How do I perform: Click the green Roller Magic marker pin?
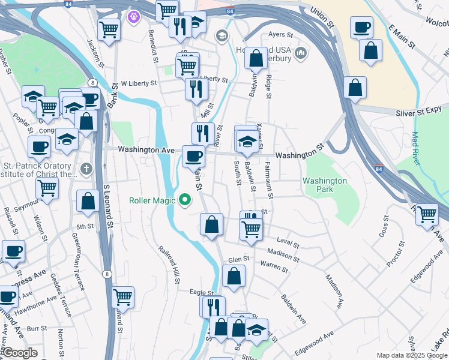coord(184,200)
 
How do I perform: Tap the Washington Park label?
coord(325,185)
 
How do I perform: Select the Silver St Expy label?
coord(419,113)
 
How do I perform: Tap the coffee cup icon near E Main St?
coord(362,28)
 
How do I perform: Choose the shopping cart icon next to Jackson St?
coord(109,29)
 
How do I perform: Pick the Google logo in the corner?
coord(19,353)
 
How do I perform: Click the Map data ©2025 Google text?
coord(412,355)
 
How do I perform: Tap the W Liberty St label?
coord(138,83)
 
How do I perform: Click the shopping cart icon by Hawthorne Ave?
coord(122,296)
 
